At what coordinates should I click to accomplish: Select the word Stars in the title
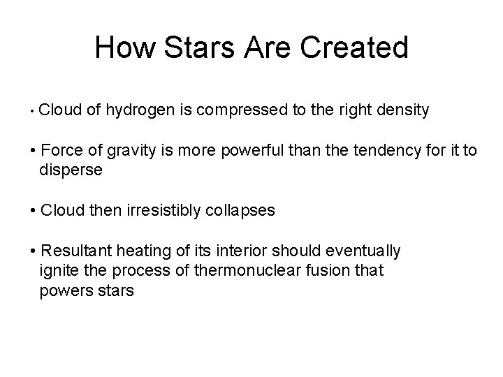[x=187, y=48]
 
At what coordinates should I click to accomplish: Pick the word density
[x=403, y=110]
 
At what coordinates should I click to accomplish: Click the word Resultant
[x=75, y=251]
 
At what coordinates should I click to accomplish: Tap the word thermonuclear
[x=237, y=271]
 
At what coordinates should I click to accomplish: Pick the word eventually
[x=367, y=251]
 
